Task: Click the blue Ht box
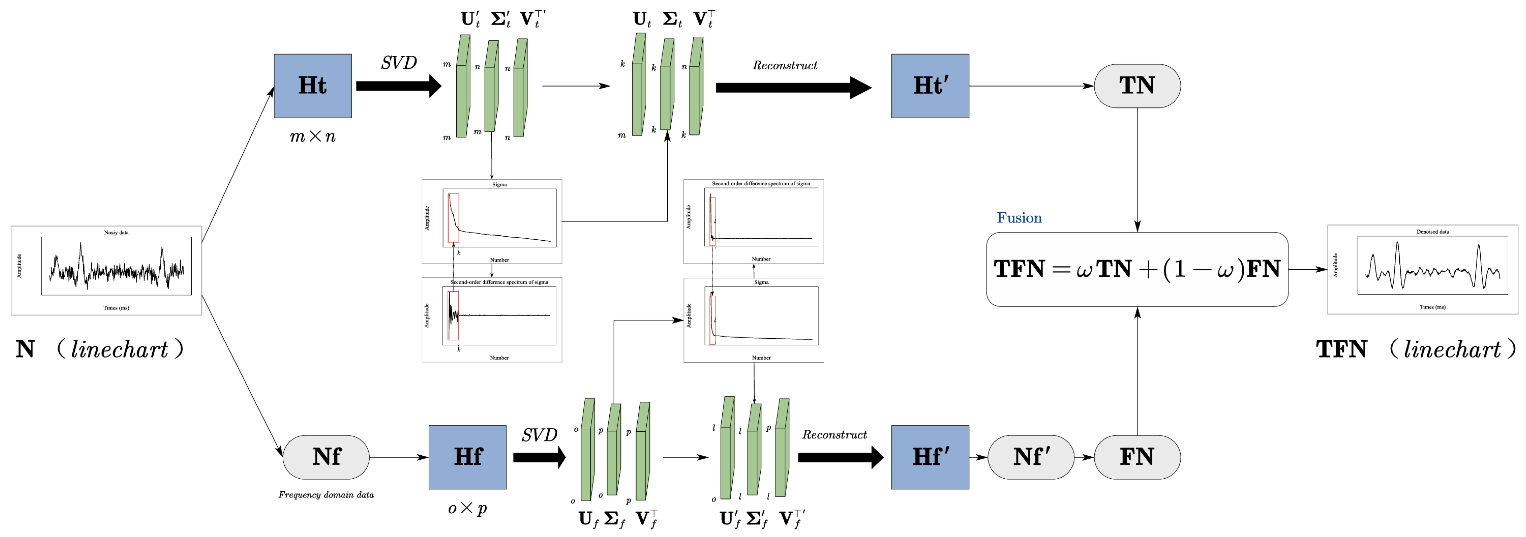pos(312,86)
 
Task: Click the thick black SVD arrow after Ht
pos(398,86)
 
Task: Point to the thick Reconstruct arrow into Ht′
pos(793,88)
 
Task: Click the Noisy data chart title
pos(116,232)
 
